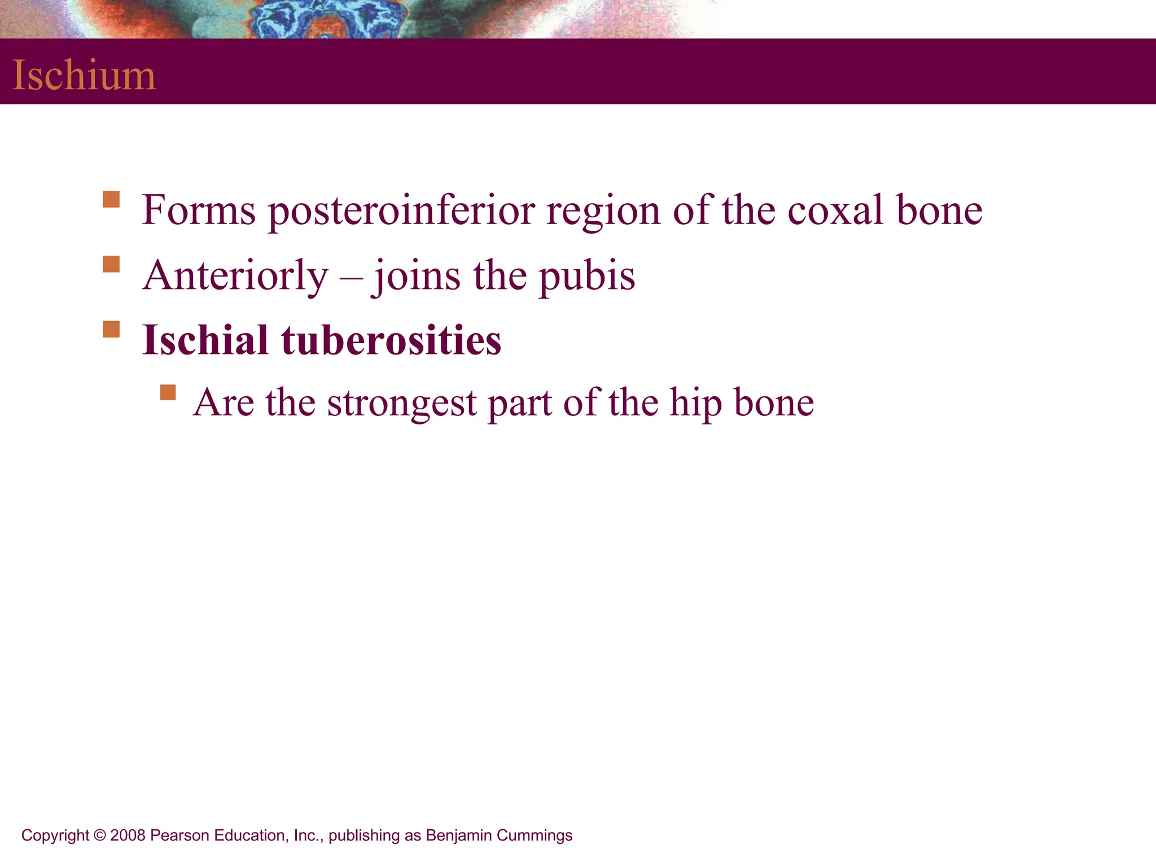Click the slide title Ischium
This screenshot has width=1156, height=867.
pos(84,75)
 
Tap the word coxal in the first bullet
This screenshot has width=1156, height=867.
pos(835,210)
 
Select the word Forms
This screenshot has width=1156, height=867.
pos(199,210)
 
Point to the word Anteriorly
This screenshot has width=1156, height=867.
pos(235,275)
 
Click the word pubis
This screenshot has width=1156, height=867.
pos(586,275)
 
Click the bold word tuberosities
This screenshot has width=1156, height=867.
pos(391,340)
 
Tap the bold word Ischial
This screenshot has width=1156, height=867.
pos(205,340)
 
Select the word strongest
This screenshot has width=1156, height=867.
pos(402,403)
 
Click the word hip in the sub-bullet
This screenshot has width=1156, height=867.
pos(695,403)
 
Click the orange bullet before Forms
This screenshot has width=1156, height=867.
pos(111,200)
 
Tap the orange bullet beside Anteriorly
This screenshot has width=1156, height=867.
pos(111,264)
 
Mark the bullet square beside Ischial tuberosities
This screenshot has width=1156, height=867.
pos(111,329)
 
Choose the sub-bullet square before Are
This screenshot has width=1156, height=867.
pos(168,392)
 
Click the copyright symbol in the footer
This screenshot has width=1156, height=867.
pos(100,835)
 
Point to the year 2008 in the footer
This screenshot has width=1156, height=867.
pos(128,835)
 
